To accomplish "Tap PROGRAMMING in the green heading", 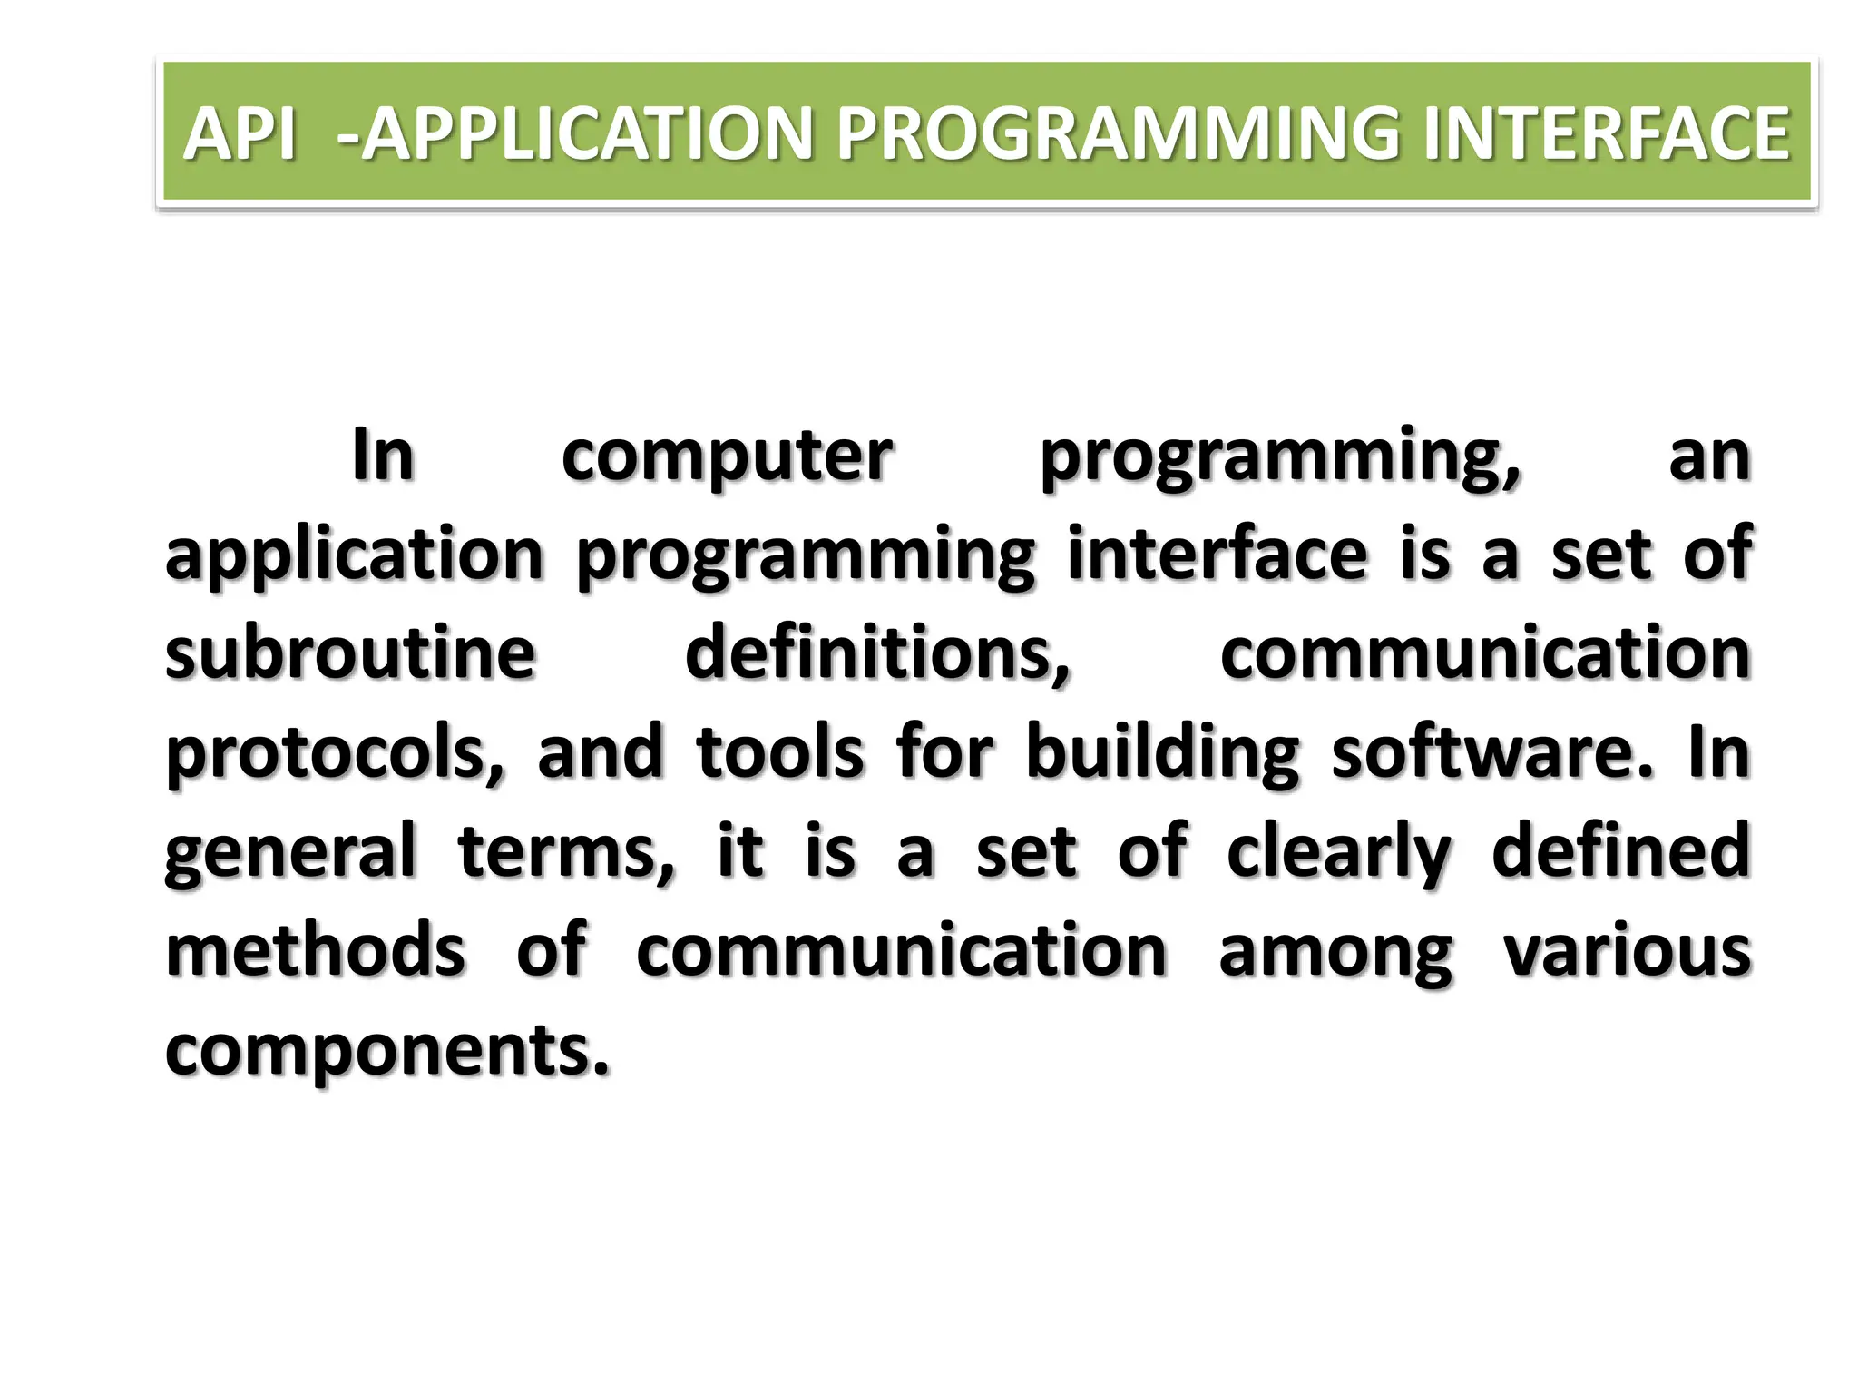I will [x=1120, y=133].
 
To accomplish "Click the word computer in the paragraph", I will [x=727, y=456].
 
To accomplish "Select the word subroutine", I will [x=350, y=653].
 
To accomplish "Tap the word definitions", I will [x=877, y=653].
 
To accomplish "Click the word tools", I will [x=779, y=753].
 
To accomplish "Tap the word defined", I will [x=1620, y=851].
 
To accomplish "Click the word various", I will [x=1627, y=951].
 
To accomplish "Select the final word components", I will [x=386, y=1051].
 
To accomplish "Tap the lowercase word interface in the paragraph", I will [x=1217, y=555].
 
